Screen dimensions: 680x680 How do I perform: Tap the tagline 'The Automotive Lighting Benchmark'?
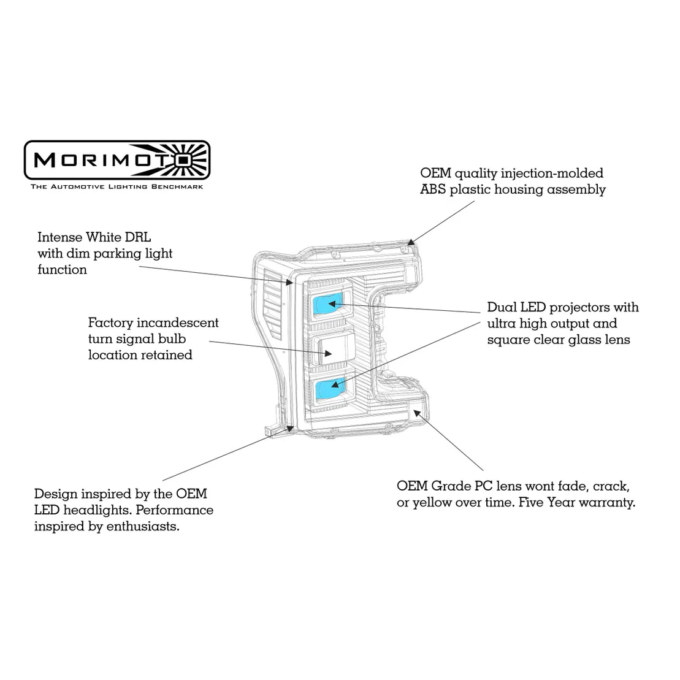pyautogui.click(x=117, y=187)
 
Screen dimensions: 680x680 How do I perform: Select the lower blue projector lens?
pyautogui.click(x=330, y=388)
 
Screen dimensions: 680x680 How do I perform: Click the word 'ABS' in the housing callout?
pyautogui.click(x=433, y=189)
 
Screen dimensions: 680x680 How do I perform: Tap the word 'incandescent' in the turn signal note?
pyautogui.click(x=178, y=323)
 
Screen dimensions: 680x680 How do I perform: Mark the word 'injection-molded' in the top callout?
pyautogui.click(x=552, y=174)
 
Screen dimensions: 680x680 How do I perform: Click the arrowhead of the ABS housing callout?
pyautogui.click(x=410, y=242)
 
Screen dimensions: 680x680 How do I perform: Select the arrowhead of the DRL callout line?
pyautogui.click(x=289, y=282)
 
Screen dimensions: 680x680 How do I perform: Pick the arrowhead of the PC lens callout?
pyautogui.click(x=417, y=413)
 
